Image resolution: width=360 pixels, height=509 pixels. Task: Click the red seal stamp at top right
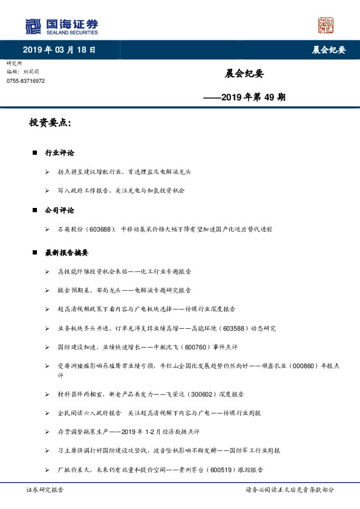tap(326, 25)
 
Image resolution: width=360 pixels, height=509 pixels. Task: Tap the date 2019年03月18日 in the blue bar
tap(59, 50)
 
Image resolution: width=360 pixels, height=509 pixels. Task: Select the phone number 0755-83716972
tap(25, 80)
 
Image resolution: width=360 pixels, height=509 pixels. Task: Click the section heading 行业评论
tap(59, 154)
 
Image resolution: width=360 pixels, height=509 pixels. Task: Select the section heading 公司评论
tap(59, 210)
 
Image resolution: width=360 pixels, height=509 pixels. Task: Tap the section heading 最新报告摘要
tap(67, 252)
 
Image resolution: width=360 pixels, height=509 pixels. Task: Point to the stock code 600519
tap(224, 470)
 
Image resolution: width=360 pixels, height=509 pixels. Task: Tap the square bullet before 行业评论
tap(34, 154)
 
